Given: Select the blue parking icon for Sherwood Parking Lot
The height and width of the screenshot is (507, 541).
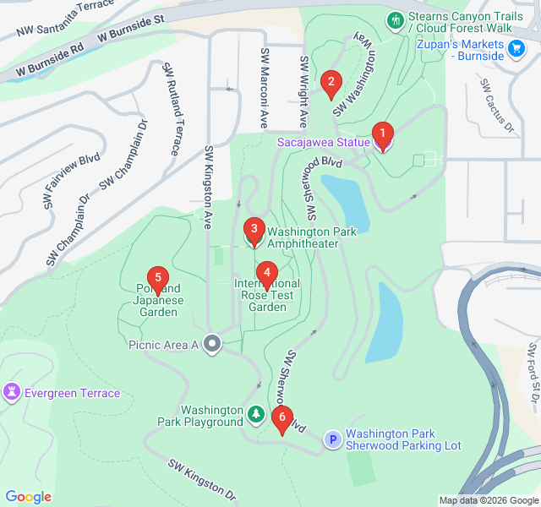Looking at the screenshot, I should click(x=333, y=439).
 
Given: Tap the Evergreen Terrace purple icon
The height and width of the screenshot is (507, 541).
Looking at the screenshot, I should click(x=12, y=393).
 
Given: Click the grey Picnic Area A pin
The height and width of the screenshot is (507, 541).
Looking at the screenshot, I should click(x=211, y=344).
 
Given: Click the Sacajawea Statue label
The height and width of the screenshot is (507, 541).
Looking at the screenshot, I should click(x=324, y=142).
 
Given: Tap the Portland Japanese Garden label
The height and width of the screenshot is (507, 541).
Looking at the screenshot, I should click(x=158, y=300).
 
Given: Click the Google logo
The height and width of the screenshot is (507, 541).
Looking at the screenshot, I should click(x=28, y=497).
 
